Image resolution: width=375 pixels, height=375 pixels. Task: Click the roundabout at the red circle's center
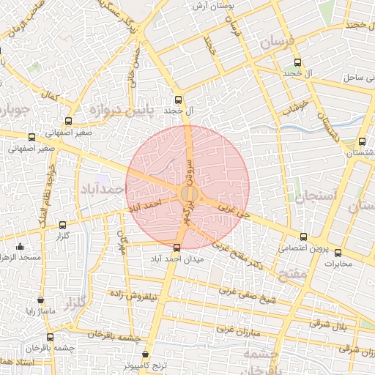point(187,194)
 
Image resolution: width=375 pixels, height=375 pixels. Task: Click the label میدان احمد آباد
point(176,259)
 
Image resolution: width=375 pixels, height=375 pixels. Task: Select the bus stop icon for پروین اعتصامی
point(304,236)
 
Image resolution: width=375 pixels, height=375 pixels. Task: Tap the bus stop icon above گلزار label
point(62,226)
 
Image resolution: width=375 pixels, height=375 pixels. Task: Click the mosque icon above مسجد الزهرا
point(20,246)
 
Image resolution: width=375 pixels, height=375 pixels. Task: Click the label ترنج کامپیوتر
point(145,364)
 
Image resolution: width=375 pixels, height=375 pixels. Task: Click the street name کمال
point(51,95)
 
